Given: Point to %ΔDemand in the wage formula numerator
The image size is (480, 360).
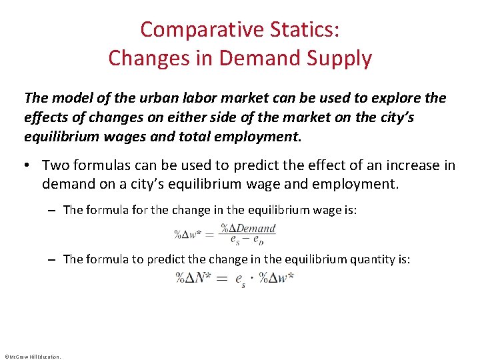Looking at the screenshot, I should click(x=248, y=229).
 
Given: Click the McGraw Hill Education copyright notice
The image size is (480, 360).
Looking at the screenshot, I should click(x=32, y=356).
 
